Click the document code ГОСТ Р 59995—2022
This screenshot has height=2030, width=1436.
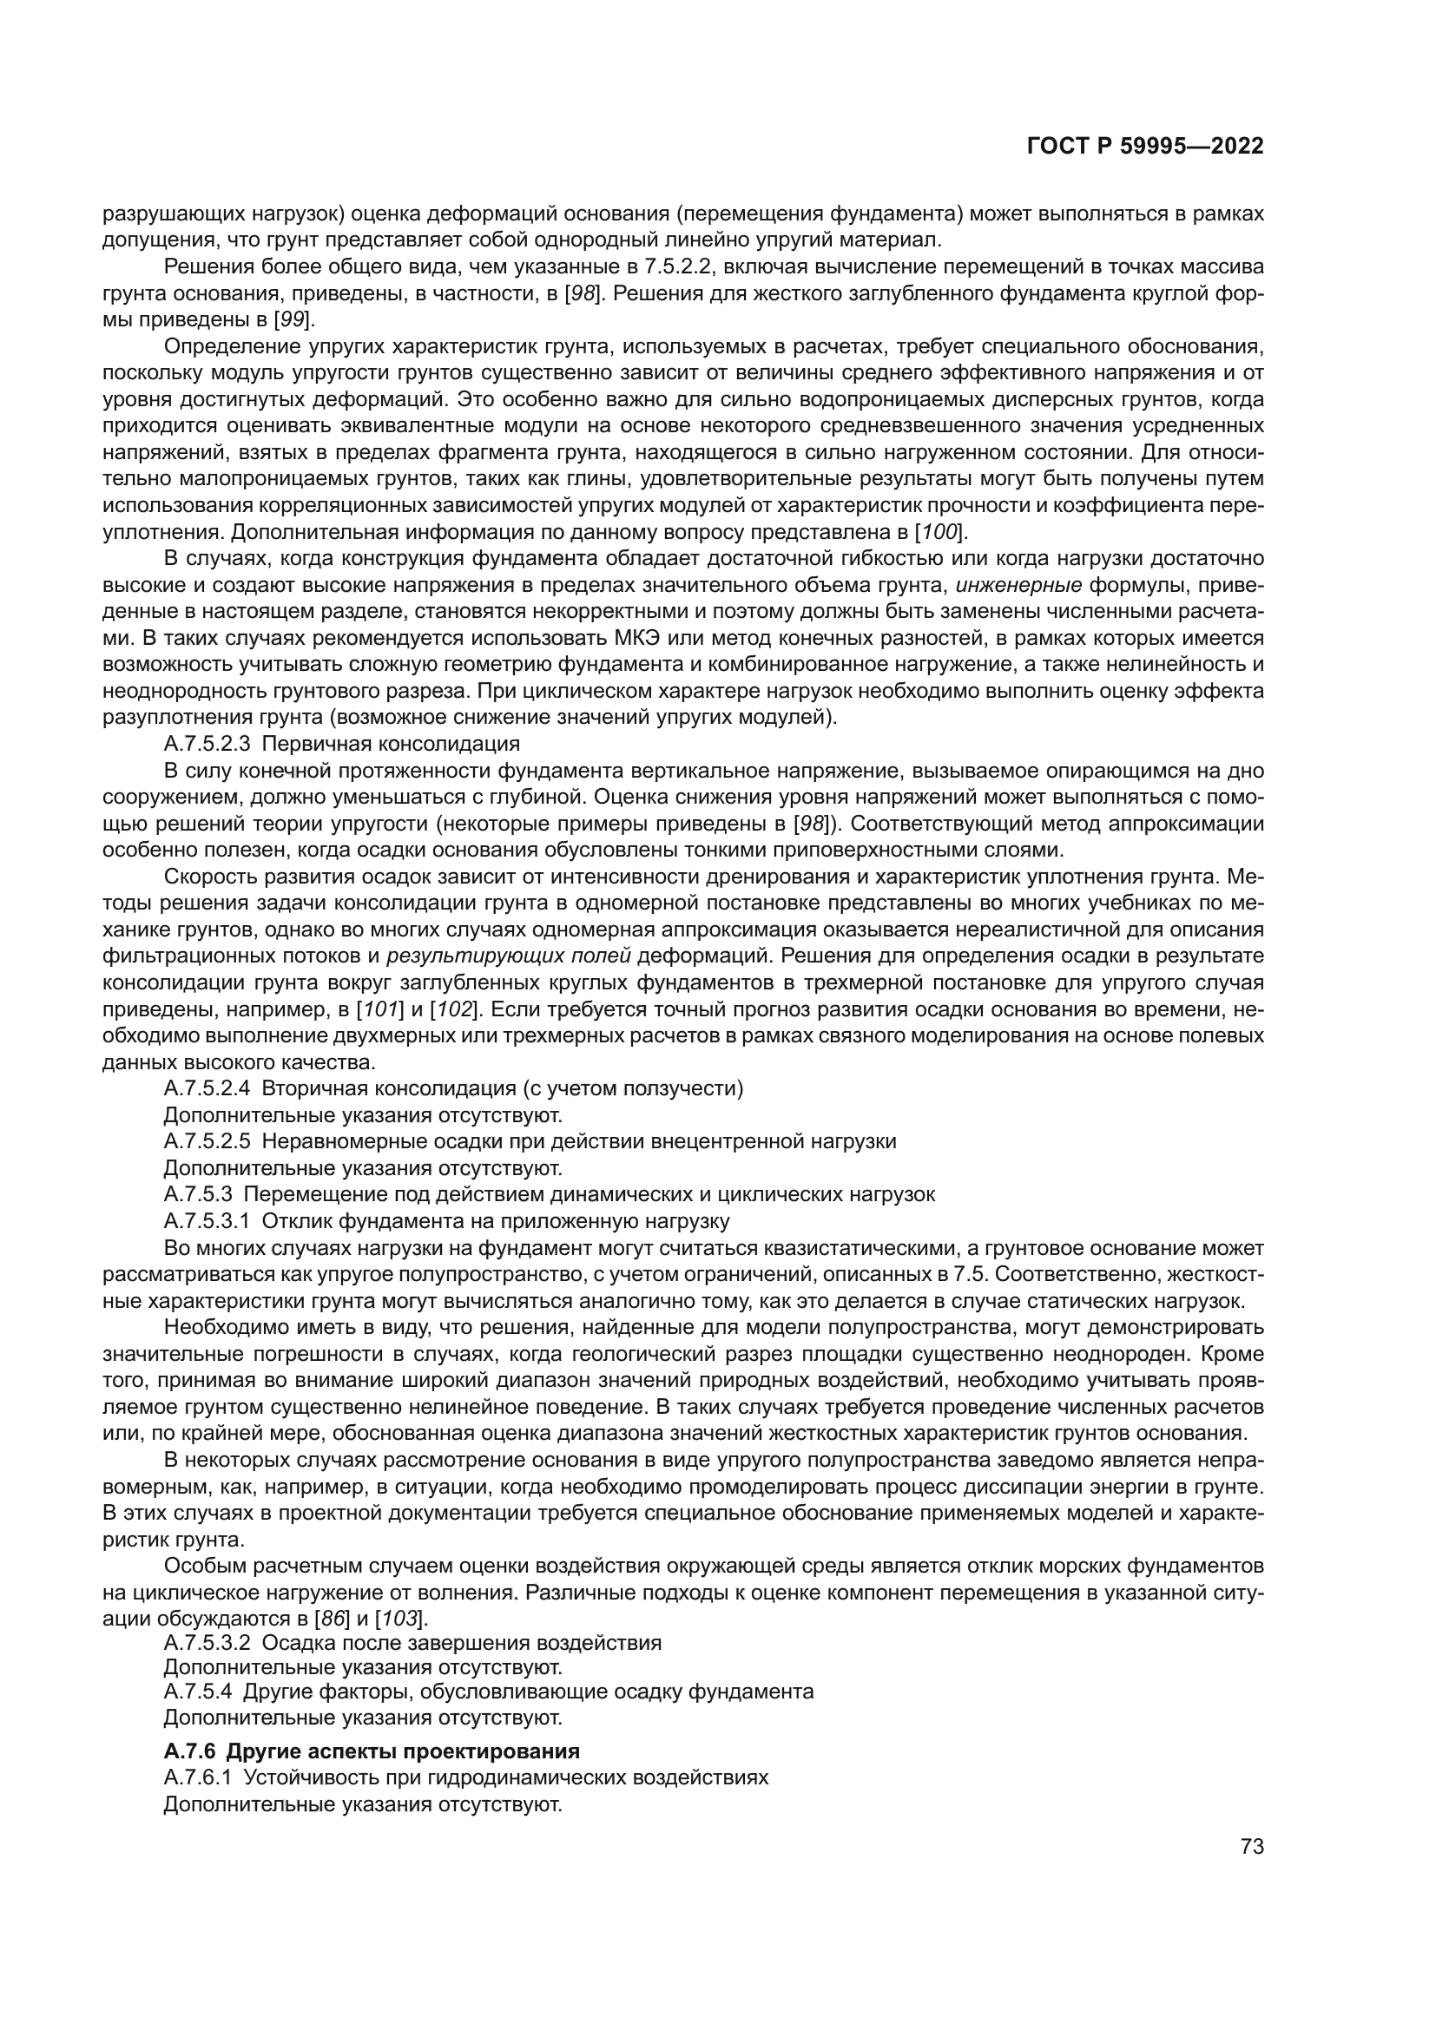1145,147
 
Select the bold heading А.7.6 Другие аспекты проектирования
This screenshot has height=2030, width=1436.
372,1751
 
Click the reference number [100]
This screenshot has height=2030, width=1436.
940,531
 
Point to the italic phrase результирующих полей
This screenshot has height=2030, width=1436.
510,956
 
